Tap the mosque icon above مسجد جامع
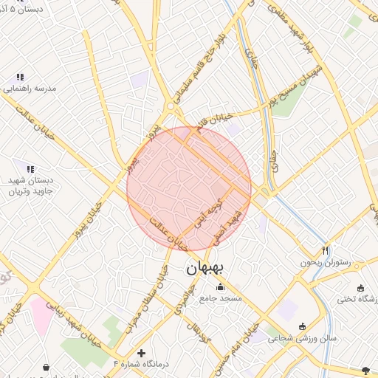pyautogui.click(x=219, y=287)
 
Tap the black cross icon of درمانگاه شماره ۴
pyautogui.click(x=142, y=353)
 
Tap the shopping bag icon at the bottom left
pyautogui.click(x=47, y=367)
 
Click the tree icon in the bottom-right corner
pyautogui.click(x=365, y=368)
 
